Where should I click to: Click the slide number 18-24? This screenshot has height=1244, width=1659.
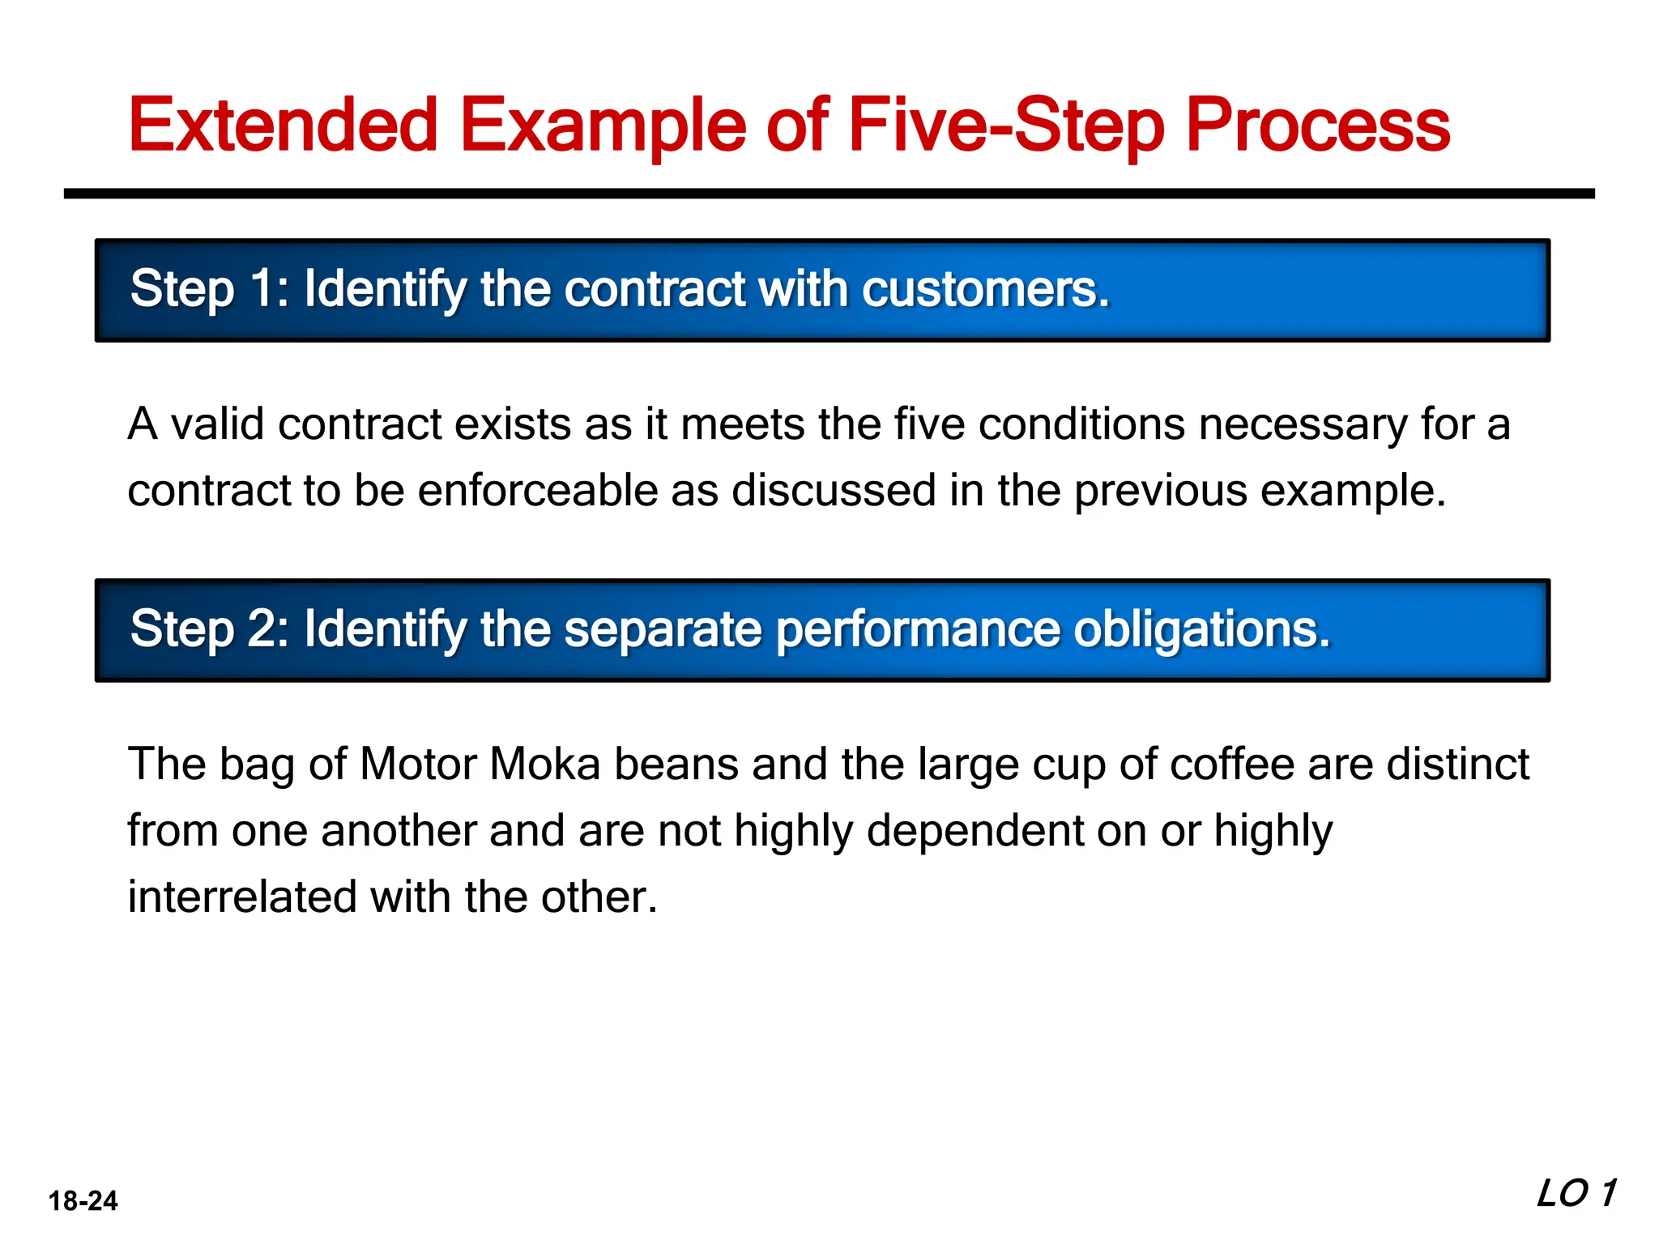pyautogui.click(x=83, y=1200)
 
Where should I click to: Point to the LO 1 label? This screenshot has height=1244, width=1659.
pyautogui.click(x=1576, y=1194)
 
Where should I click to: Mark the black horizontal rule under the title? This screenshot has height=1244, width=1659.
pyautogui.click(x=829, y=194)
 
